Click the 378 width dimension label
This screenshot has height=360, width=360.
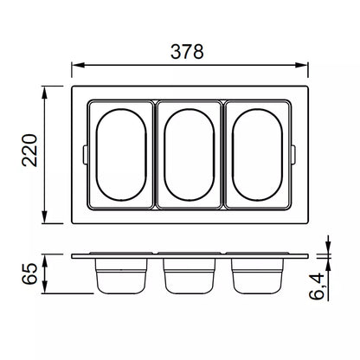click(187, 52)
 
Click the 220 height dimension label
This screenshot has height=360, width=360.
click(29, 151)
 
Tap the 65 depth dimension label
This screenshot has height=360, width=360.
click(29, 273)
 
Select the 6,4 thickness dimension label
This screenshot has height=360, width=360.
click(317, 286)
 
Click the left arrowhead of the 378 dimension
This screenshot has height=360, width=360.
click(78, 65)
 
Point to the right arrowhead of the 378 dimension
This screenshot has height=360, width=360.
click(302, 65)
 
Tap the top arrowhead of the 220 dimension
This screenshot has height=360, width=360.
click(44, 93)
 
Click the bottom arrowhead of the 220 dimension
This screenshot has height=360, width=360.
click(44, 217)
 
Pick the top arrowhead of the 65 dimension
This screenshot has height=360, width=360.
click(44, 260)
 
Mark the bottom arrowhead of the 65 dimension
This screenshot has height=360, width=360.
click(44, 287)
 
